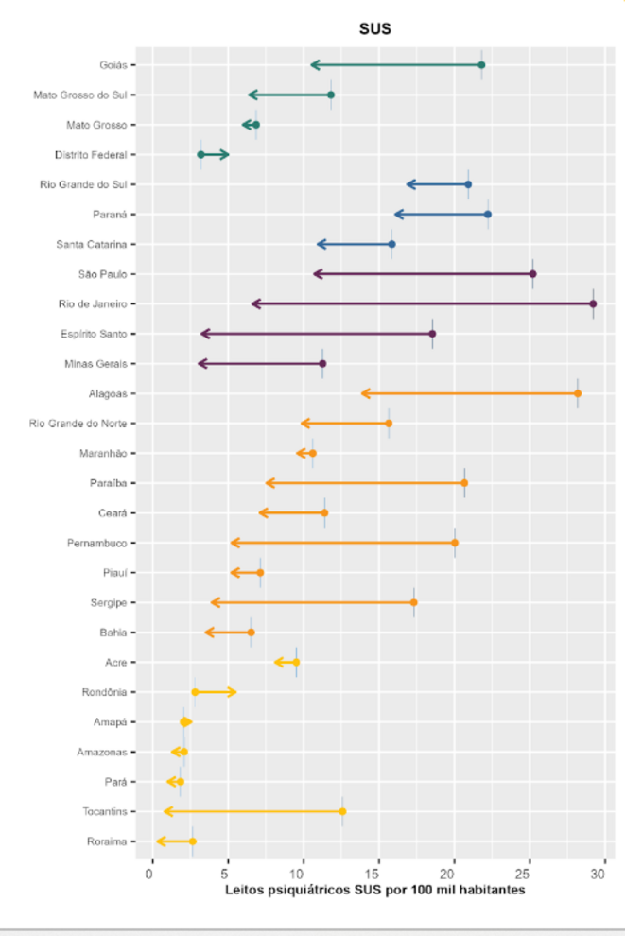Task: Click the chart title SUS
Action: tap(374, 29)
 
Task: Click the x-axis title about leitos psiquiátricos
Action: tap(374, 890)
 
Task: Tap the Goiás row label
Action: tap(114, 65)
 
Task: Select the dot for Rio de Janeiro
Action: tap(593, 303)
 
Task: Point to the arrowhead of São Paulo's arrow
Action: tap(316, 274)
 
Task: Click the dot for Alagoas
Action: tap(578, 393)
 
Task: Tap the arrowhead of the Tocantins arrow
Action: tap(166, 811)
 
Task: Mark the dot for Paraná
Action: tap(487, 215)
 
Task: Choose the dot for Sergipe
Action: tap(413, 602)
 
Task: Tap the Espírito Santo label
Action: tap(95, 334)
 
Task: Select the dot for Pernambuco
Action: tap(455, 543)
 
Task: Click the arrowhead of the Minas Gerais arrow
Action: tap(200, 363)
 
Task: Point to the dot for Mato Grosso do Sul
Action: tap(331, 95)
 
